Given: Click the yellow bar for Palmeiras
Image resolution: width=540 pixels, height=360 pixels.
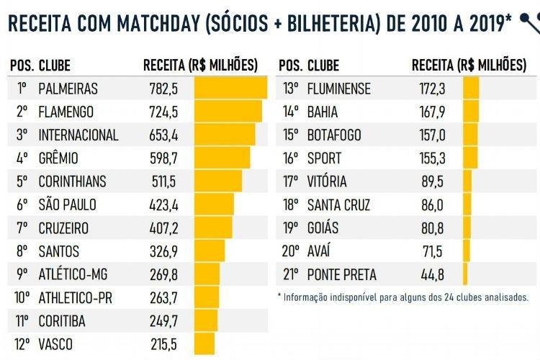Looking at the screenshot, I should coord(230,89).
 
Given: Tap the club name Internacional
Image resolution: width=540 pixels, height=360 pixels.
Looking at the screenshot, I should coord(78,135).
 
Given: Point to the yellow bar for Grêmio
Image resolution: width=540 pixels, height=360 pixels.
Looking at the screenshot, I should coord(222,158).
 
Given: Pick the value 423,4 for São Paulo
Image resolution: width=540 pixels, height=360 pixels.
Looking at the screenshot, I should coord(164,205).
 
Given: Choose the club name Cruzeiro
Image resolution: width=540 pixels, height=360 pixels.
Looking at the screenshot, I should coord(64,228).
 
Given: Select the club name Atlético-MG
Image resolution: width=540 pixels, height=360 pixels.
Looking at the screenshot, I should coord(73,274).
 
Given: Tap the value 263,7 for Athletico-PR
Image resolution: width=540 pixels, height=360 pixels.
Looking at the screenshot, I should coord(164,298).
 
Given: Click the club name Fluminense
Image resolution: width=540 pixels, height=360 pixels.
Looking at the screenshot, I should coord(338,89).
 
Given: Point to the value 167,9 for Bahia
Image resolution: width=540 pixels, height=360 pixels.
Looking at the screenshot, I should coord(432,112).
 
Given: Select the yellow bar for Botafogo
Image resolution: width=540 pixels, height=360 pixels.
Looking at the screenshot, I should coord(470,135).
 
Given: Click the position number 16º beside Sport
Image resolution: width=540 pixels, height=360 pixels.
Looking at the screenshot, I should coord(290,158).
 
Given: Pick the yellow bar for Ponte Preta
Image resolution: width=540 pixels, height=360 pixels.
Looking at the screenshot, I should coord(465,274).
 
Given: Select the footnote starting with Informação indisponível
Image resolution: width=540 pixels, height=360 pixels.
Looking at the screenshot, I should coord(403,297).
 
